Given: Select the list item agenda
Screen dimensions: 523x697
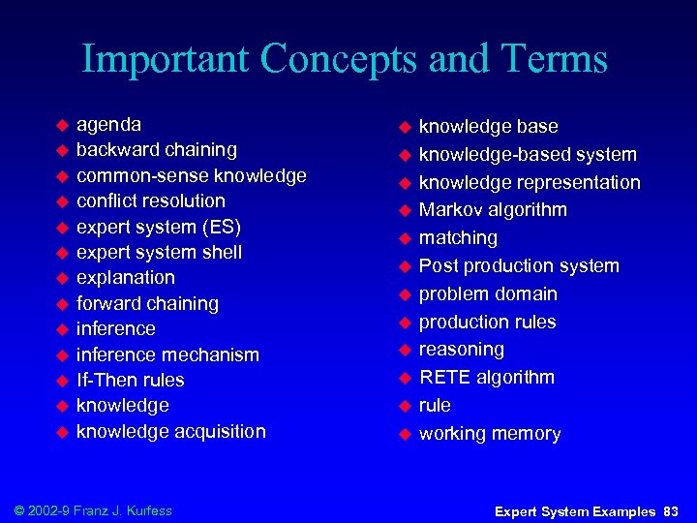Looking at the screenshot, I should click(x=108, y=125).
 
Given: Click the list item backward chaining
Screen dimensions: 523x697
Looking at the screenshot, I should click(x=156, y=150).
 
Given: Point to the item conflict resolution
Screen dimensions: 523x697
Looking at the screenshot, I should click(x=150, y=201).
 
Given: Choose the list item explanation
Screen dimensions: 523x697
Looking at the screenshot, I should click(x=125, y=278).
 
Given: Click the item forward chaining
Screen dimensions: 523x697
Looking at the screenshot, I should click(x=147, y=304).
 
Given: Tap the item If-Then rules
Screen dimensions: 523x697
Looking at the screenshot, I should click(x=130, y=381).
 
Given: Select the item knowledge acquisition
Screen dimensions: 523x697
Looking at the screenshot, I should click(x=170, y=432).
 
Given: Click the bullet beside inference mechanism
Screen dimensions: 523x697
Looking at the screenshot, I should click(x=61, y=355).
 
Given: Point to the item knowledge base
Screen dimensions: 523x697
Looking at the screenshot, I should click(x=488, y=127).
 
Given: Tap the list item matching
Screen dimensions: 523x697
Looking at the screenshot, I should click(x=458, y=238).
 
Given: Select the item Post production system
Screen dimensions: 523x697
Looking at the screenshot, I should click(x=519, y=266).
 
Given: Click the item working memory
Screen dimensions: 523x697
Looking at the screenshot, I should click(x=489, y=434).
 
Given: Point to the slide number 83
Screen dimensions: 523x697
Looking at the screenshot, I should click(x=671, y=510).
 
